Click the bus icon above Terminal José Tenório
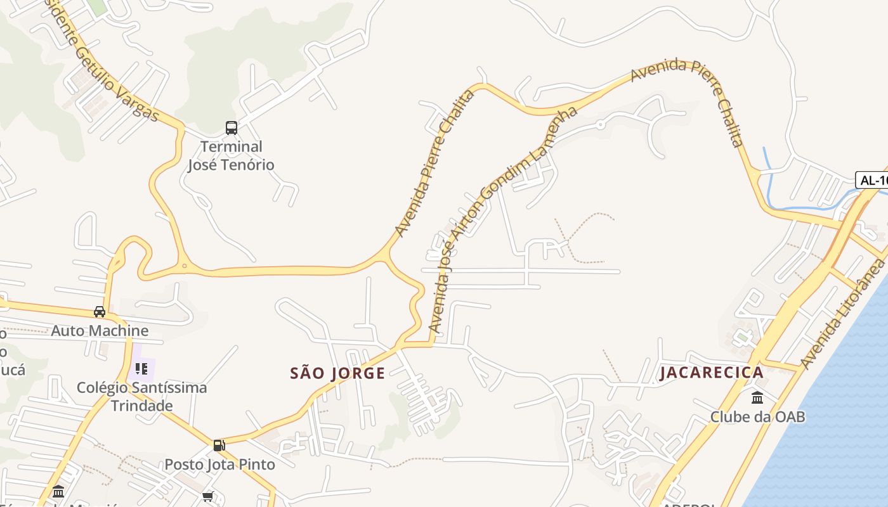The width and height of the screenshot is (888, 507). [x=232, y=128]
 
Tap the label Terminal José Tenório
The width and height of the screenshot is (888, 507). [x=232, y=156]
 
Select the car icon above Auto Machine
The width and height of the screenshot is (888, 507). [x=100, y=312]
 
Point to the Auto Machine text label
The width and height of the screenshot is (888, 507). [x=100, y=331]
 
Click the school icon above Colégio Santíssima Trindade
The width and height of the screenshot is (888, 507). [x=141, y=368]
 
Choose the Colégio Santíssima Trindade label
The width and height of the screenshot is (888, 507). [x=142, y=396]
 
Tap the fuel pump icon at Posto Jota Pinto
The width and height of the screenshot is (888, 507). [x=219, y=446]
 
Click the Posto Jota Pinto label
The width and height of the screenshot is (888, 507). [x=219, y=465]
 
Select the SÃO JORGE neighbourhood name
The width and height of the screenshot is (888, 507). [x=337, y=373]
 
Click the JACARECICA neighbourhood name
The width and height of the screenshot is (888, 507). [x=712, y=373]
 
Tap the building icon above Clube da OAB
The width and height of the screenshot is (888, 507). [x=757, y=398]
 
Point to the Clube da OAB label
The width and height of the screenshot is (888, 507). [x=757, y=417]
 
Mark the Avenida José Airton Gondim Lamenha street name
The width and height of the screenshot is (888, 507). [x=501, y=219]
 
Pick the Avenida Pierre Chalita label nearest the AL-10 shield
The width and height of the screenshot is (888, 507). [x=688, y=95]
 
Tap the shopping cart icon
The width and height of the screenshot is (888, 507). [x=208, y=496]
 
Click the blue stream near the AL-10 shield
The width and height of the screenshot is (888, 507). [x=769, y=184]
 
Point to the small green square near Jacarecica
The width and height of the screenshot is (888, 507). [x=742, y=337]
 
